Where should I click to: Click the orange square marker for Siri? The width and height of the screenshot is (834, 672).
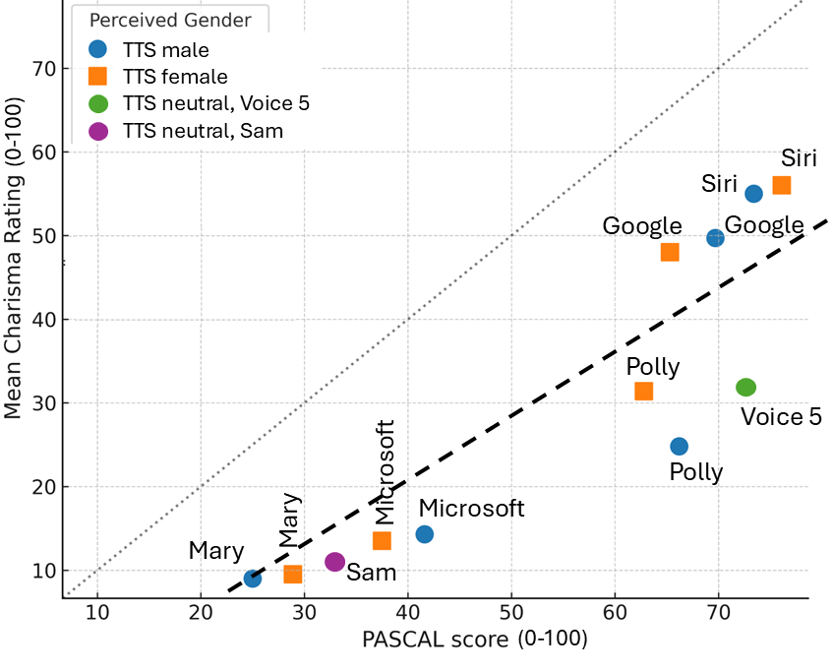click(x=782, y=185)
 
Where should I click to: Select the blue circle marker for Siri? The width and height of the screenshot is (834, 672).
click(x=753, y=194)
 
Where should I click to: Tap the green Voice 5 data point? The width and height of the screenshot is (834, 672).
click(x=745, y=388)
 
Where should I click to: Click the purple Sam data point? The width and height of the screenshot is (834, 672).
click(x=334, y=562)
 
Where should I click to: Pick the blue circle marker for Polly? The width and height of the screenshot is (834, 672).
click(x=679, y=447)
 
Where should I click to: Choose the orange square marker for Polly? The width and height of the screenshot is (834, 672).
click(x=643, y=391)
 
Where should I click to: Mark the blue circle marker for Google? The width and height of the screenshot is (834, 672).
click(x=715, y=238)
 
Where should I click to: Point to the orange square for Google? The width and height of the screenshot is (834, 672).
click(x=670, y=252)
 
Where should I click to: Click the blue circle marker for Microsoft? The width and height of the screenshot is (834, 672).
click(x=424, y=534)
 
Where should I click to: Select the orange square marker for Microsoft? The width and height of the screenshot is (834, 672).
click(x=382, y=541)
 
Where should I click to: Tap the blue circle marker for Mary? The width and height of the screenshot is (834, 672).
click(x=252, y=579)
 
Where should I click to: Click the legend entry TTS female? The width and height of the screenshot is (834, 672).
click(x=173, y=77)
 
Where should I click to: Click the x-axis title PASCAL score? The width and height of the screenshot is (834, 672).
click(x=475, y=640)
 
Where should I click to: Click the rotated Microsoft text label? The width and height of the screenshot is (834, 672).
click(x=385, y=471)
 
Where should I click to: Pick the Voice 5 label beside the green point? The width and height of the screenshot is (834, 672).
click(x=781, y=417)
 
